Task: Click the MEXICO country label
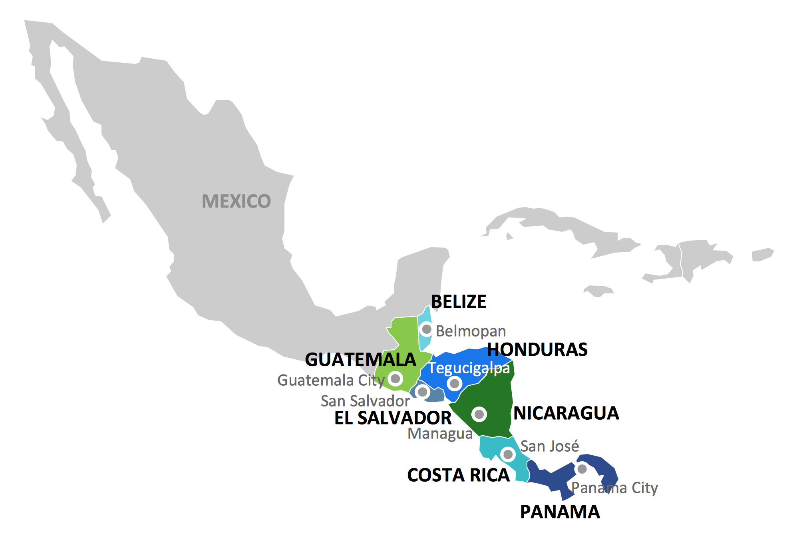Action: point(236,201)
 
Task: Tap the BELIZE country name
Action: point(459,302)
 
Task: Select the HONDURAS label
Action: point(537,349)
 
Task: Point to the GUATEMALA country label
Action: point(360,360)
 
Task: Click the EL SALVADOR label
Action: point(393,418)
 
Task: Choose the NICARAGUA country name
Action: point(566,413)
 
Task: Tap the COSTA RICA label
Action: point(458,475)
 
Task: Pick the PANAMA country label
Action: point(560,512)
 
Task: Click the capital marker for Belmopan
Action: point(427,329)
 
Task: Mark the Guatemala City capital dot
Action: point(396,378)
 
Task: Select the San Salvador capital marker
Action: point(422,392)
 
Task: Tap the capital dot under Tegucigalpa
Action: point(454,384)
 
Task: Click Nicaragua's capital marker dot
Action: point(479,414)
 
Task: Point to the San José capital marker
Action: point(508,454)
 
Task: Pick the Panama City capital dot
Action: point(582,469)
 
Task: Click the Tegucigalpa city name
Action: point(469,368)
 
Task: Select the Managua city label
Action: point(440,434)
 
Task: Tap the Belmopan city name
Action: point(471,331)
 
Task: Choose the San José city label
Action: point(550,446)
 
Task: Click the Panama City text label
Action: point(614,488)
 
